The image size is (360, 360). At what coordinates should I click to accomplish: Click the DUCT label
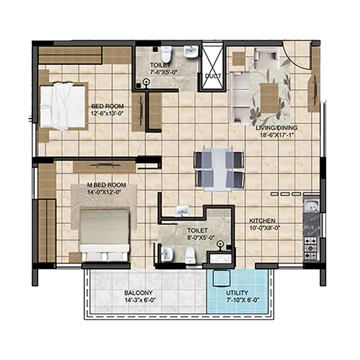[213, 76]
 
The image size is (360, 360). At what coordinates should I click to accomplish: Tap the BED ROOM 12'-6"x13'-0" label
[108, 109]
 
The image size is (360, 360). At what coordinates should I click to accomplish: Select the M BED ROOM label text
[107, 185]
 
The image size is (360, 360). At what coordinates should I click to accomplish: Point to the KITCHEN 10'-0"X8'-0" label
[264, 224]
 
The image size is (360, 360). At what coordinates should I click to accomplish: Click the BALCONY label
[138, 293]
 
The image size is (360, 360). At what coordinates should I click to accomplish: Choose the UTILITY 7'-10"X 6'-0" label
[243, 297]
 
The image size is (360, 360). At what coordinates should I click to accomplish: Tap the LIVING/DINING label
[276, 128]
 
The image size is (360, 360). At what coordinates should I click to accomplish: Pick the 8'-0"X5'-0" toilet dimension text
[201, 238]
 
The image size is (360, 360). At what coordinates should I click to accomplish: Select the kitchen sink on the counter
[311, 205]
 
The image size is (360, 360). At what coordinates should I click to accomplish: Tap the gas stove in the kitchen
[311, 248]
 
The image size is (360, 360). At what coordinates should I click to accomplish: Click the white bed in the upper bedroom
[63, 107]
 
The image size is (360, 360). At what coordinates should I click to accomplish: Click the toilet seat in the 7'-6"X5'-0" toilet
[166, 54]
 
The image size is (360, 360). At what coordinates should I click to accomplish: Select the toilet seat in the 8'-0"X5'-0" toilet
[190, 256]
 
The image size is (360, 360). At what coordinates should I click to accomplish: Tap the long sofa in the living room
[240, 98]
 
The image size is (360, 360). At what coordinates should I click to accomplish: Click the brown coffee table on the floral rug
[269, 99]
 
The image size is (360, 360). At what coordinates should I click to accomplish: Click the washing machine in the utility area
[222, 279]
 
